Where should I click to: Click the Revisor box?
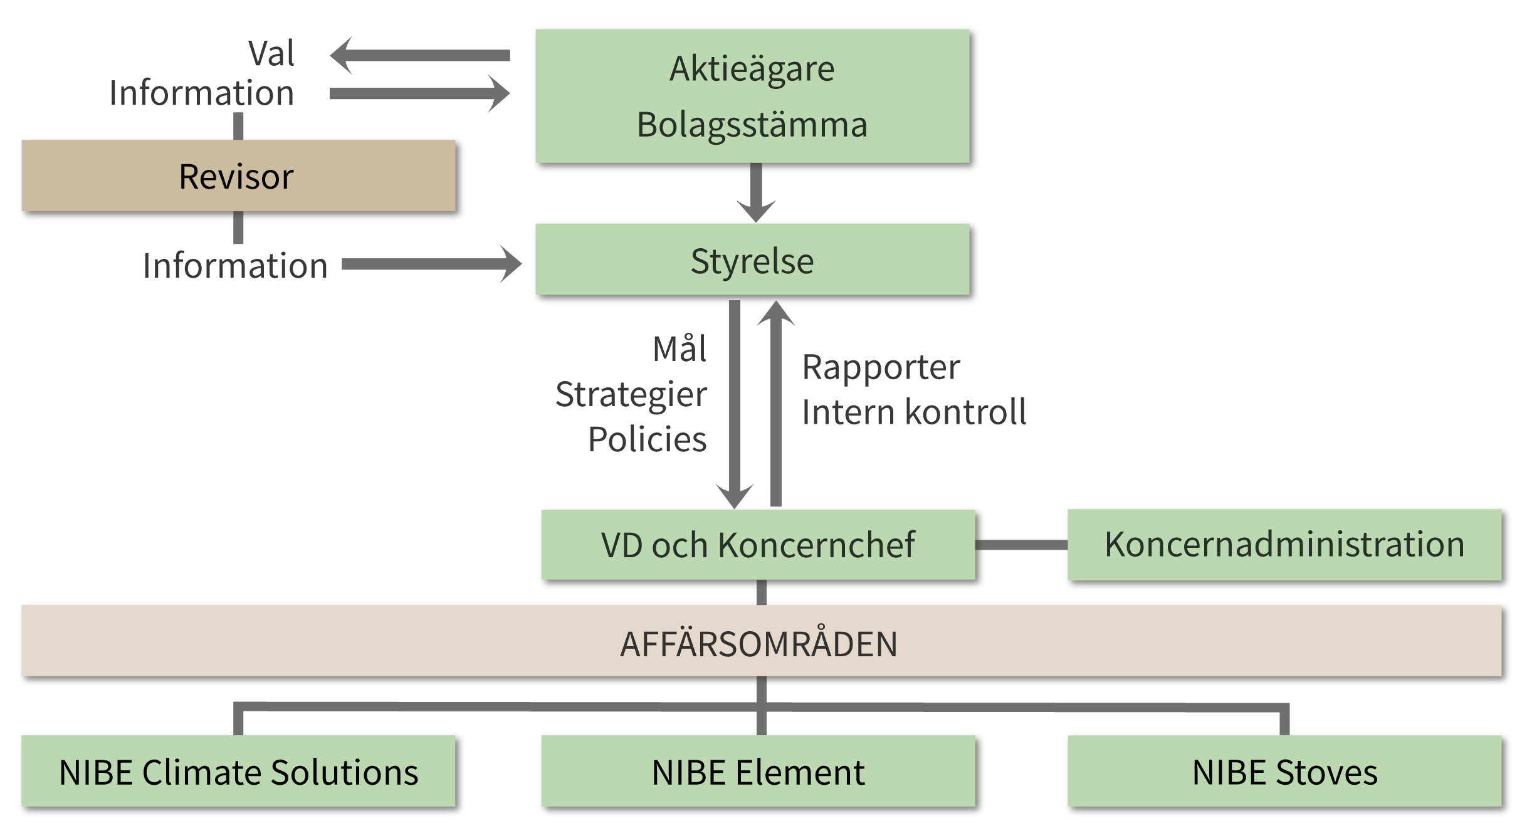pos(238,176)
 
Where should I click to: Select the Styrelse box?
pos(752,260)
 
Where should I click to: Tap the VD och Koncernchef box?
pos(758,545)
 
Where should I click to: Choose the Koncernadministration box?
pos(1284,545)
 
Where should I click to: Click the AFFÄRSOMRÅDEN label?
pos(758,644)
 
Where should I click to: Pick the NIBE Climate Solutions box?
pos(238,772)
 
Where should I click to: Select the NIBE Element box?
pos(758,772)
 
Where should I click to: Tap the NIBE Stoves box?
pos(1284,772)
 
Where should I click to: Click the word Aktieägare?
pos(752,68)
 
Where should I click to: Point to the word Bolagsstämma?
pos(752,124)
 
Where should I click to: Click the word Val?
pos(271,53)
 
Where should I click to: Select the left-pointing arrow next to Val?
pos(420,56)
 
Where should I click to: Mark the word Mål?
pos(680,349)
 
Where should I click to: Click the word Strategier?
pos(631,394)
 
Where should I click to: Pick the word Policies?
pos(648,439)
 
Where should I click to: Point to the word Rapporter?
pos(881,367)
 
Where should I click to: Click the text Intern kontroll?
pos(914,412)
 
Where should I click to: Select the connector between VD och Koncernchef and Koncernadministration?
pos(1021,545)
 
